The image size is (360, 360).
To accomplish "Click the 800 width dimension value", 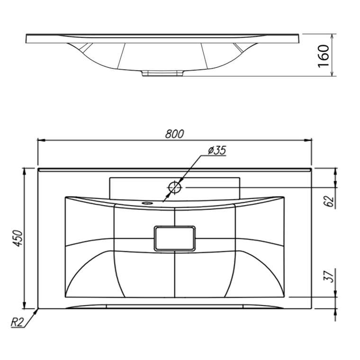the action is (x=174, y=134).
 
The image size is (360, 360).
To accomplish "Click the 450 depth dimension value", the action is (x=18, y=238).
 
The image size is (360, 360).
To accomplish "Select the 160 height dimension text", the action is (x=323, y=56).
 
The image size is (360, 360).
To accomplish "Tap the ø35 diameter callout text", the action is (x=217, y=150).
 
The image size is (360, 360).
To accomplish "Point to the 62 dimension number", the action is (x=330, y=201).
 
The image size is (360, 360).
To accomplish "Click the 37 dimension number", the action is (x=329, y=277).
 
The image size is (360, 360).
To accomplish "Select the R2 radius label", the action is (x=17, y=323).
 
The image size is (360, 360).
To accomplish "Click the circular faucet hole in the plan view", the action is (x=175, y=188).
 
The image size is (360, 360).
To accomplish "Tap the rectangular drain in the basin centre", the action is (x=175, y=238).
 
